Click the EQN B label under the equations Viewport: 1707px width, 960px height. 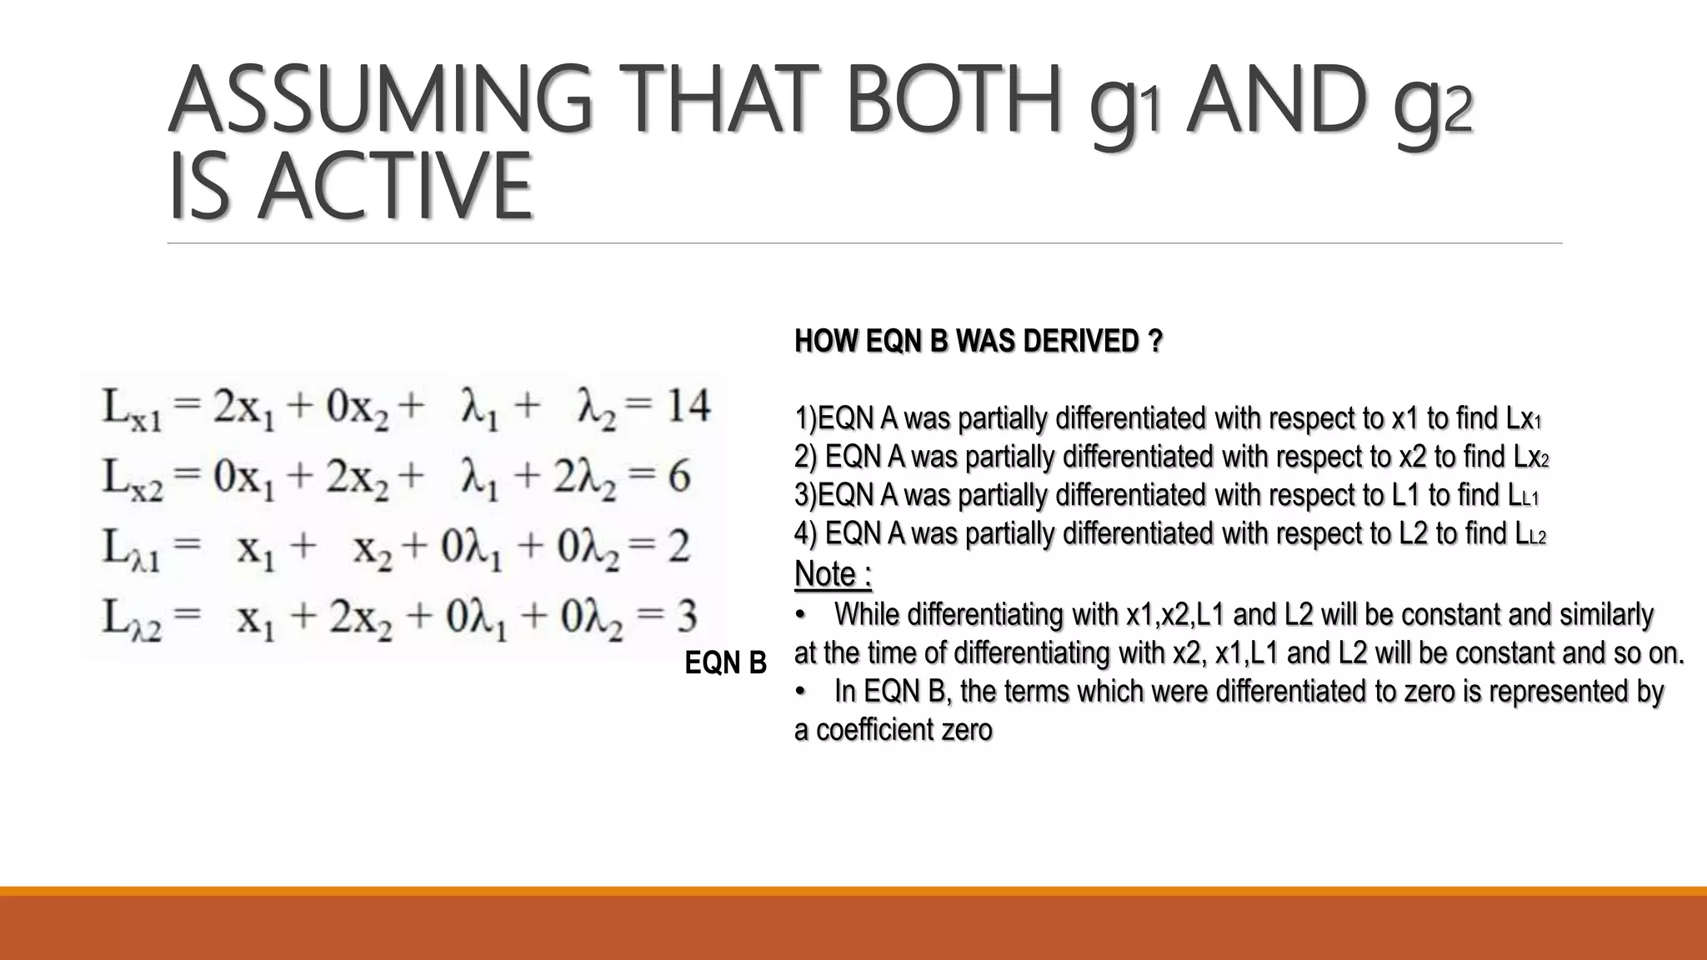pyautogui.click(x=725, y=663)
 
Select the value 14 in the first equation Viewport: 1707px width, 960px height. pyautogui.click(x=687, y=407)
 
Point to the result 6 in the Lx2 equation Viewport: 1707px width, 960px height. pyautogui.click(x=678, y=477)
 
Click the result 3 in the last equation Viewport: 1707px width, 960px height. pyautogui.click(x=686, y=617)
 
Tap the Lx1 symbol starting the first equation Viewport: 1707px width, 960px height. pyautogui.click(x=132, y=410)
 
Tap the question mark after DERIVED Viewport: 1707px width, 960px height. pyautogui.click(x=1154, y=341)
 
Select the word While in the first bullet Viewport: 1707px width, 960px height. pyautogui.click(x=867, y=614)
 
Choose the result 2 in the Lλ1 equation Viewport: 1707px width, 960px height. pyautogui.click(x=678, y=547)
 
